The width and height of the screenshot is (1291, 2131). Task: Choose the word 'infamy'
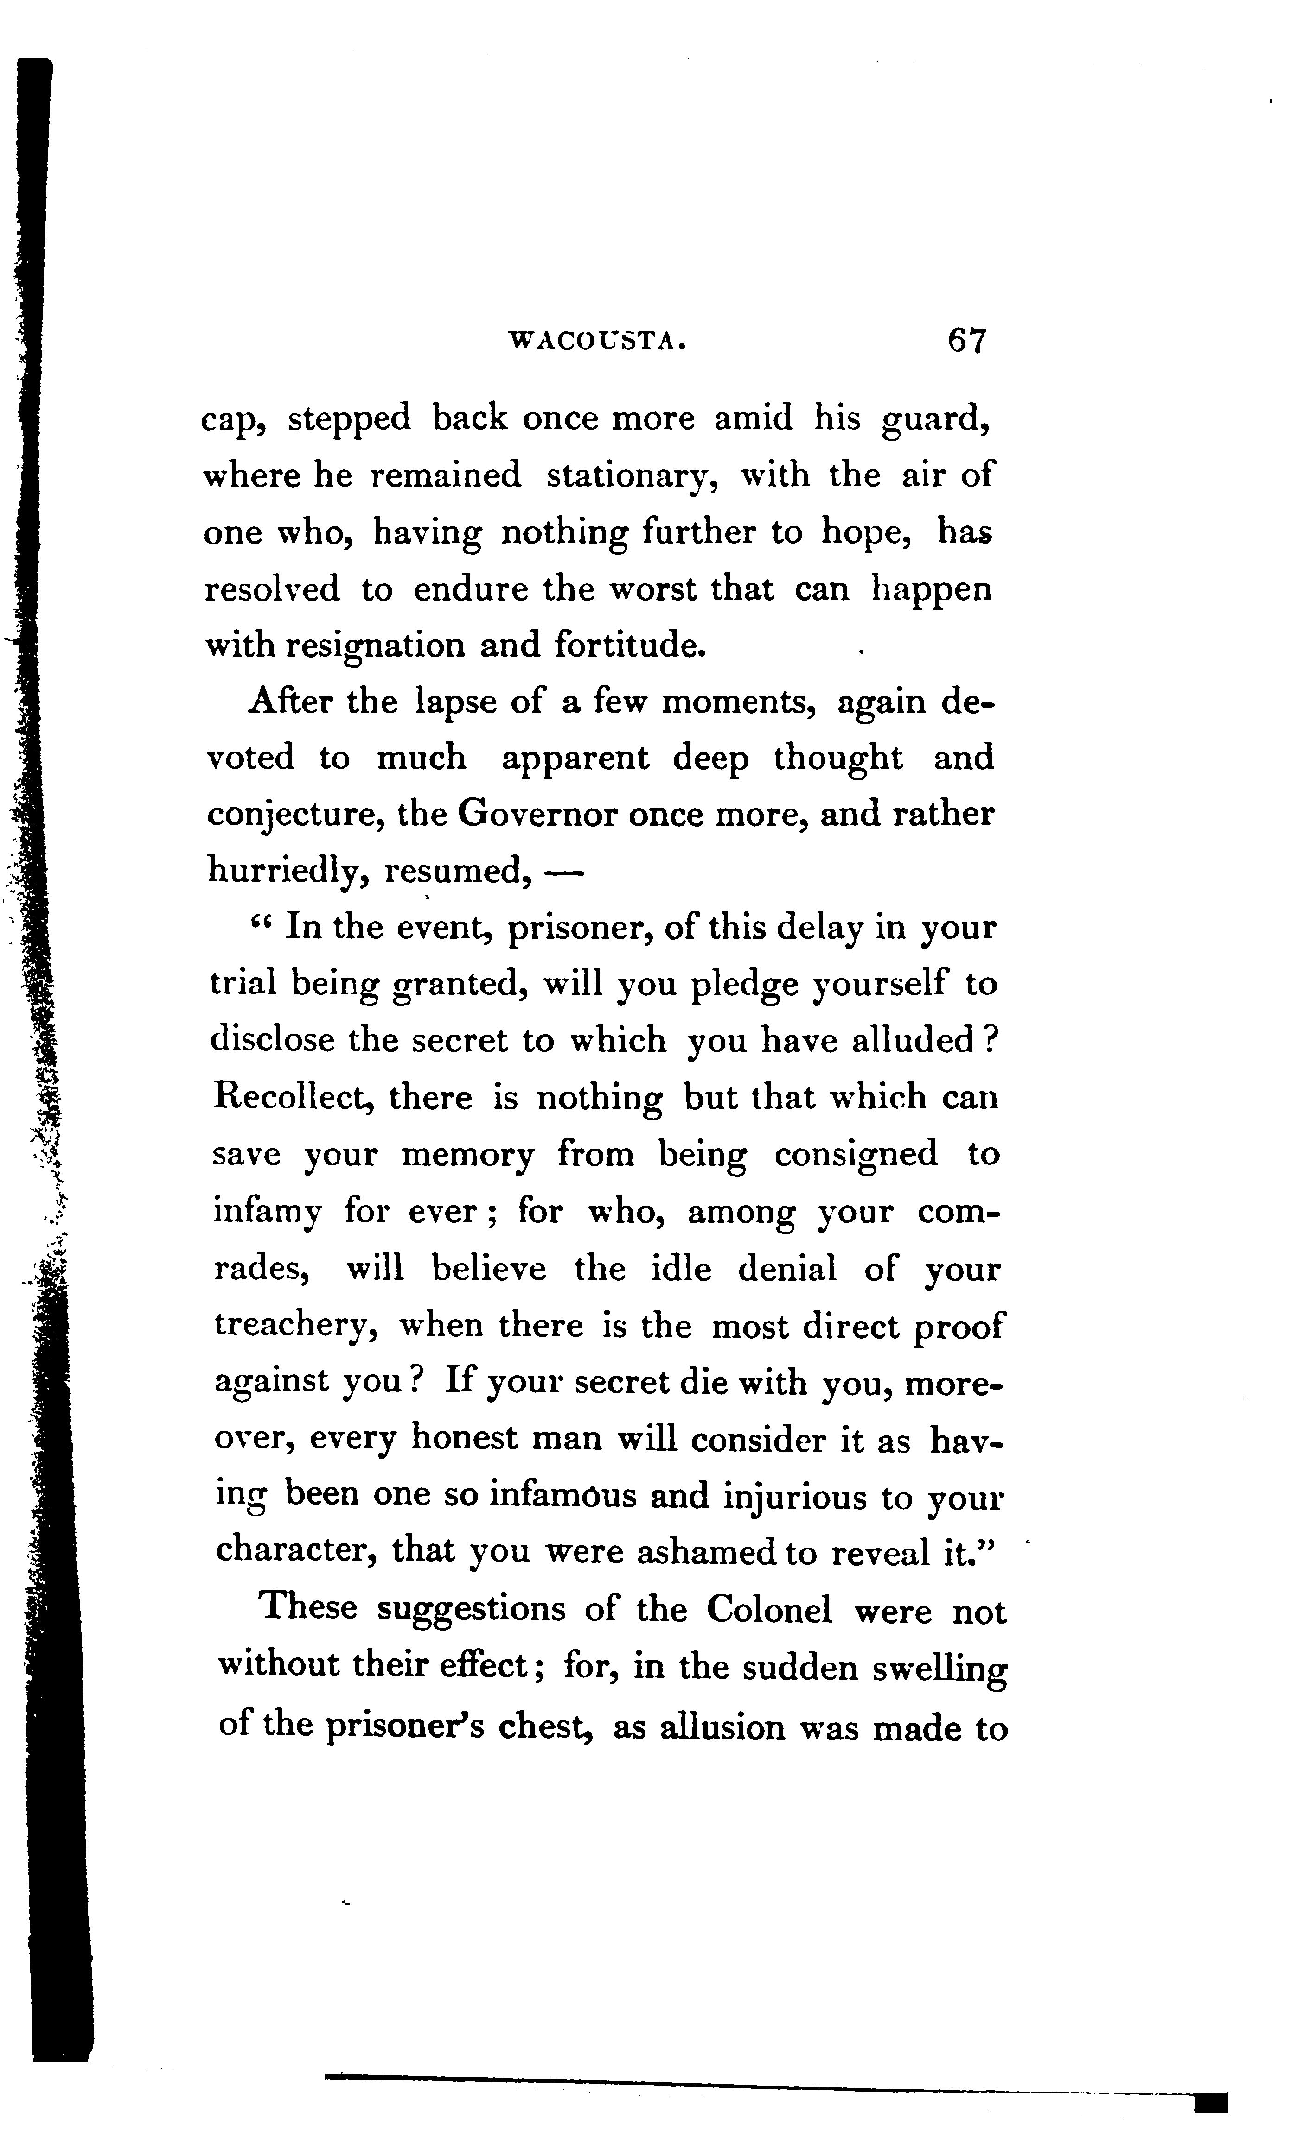(x=267, y=1213)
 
